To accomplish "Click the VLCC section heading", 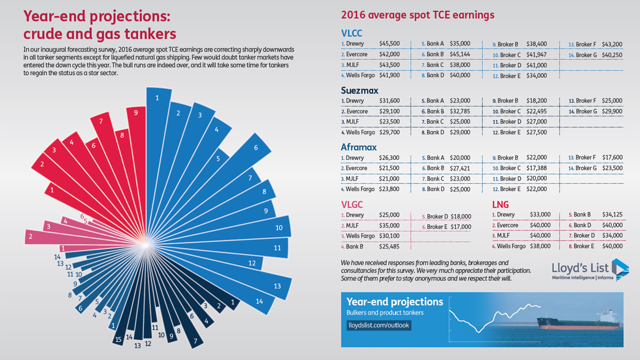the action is point(351,33).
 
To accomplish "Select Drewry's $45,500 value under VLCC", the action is point(389,43).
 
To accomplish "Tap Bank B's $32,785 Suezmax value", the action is point(460,111).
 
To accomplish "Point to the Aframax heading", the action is point(358,147).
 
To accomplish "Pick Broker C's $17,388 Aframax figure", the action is point(537,168).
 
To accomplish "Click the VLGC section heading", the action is point(351,205).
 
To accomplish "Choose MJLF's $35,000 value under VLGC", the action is point(389,226).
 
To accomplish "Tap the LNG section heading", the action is point(500,205).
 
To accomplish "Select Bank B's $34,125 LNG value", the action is point(612,214).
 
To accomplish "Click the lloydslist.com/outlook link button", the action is point(379,325).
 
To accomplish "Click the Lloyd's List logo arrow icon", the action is point(620,269).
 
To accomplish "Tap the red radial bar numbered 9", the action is point(137,160).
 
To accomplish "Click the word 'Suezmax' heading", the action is point(359,90).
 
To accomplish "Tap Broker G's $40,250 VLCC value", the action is point(612,55).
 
